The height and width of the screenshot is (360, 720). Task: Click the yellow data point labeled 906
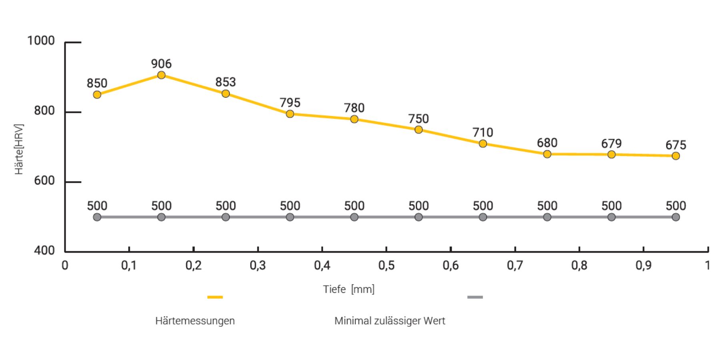[161, 75]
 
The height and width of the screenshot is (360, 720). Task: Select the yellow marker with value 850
[97, 95]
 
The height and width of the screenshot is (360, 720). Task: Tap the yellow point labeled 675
[676, 156]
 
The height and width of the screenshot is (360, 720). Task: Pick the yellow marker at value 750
[418, 130]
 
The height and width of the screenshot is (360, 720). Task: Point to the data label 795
[290, 103]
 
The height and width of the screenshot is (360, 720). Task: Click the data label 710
[483, 132]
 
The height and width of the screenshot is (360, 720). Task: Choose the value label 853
[226, 82]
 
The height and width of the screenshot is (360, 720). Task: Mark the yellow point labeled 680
[547, 154]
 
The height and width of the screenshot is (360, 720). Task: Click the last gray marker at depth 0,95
[676, 217]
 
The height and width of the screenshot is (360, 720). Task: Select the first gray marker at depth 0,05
[97, 217]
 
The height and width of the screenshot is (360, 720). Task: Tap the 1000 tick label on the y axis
[41, 41]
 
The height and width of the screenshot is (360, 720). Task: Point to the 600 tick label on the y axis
[44, 181]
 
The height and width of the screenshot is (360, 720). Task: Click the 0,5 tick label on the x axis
[386, 265]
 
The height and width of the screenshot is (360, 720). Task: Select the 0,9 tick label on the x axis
[644, 265]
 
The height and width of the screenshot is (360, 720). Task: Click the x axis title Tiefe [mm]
[349, 289]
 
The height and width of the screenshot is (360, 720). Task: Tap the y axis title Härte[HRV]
[19, 149]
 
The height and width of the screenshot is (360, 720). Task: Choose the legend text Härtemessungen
[195, 321]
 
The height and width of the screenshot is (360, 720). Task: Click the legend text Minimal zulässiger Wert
[390, 321]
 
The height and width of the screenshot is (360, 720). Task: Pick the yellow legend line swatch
[215, 297]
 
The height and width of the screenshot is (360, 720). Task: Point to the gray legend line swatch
[475, 297]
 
